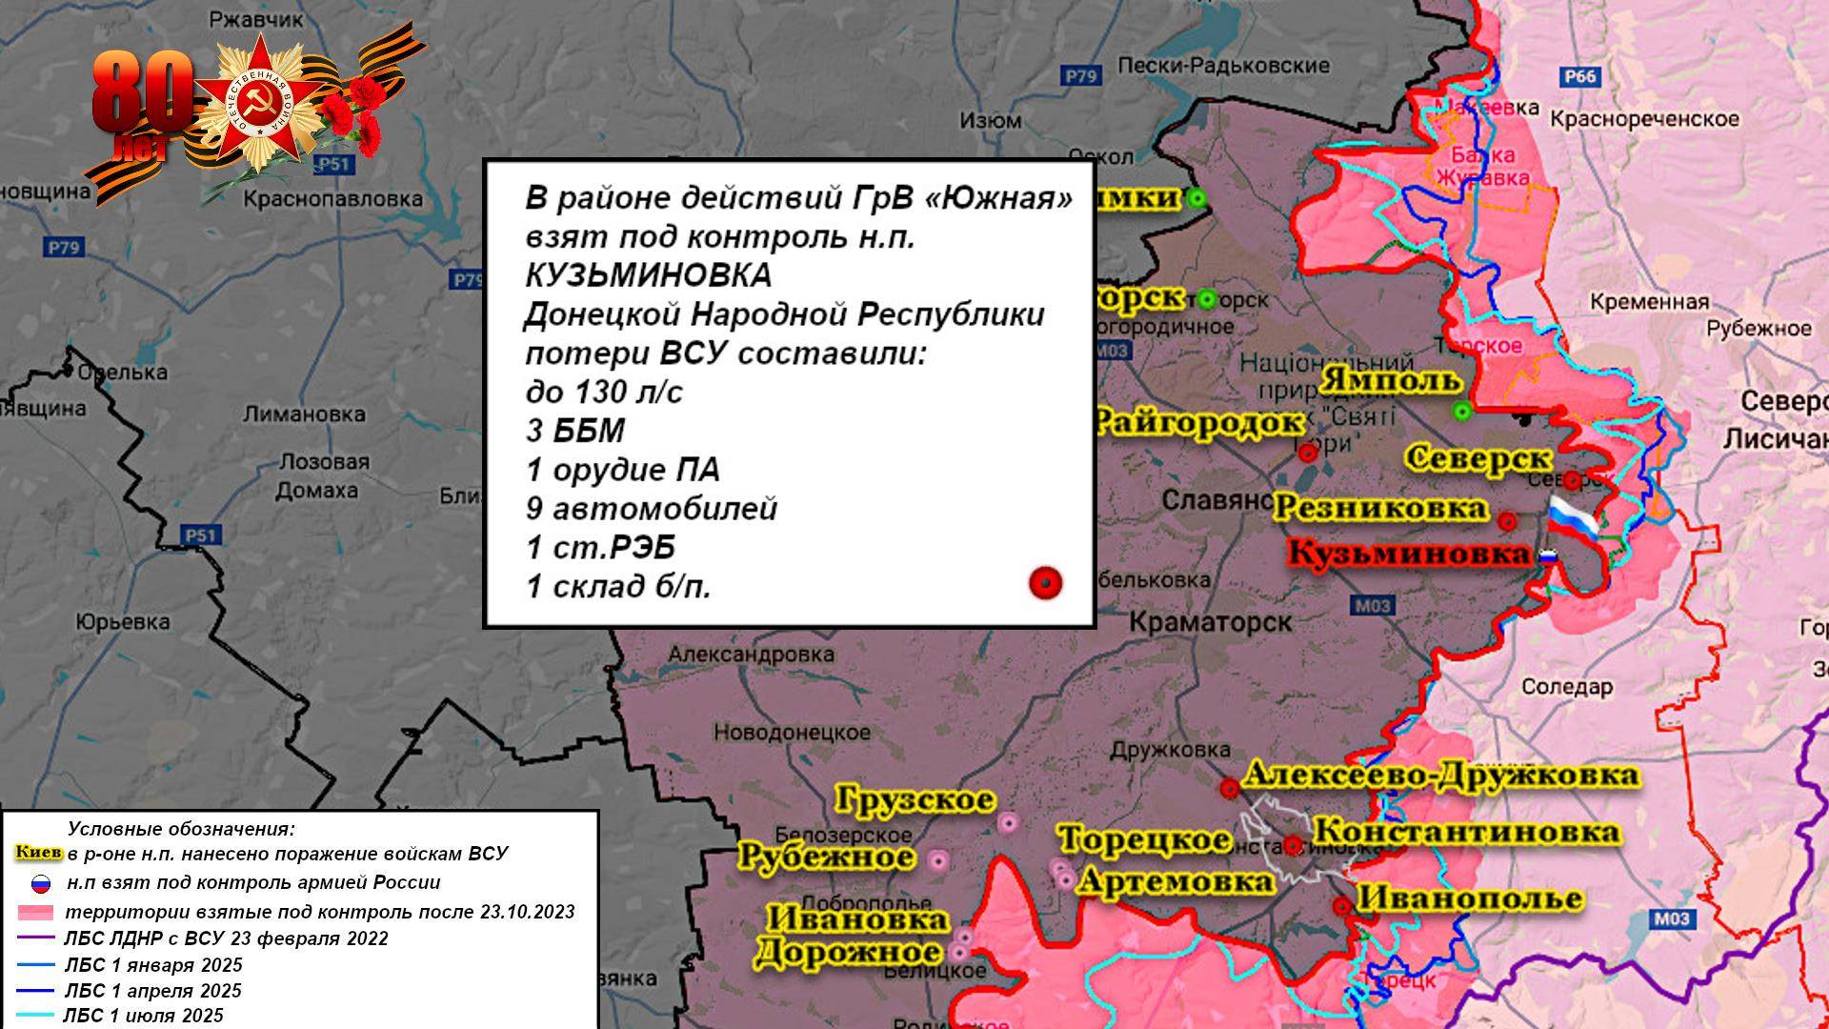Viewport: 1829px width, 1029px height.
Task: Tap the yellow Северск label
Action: point(1478,458)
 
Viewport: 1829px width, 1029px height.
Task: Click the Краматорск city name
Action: point(1210,623)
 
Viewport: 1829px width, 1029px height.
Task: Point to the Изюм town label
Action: point(991,121)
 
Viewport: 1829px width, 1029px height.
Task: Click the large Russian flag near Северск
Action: point(1572,521)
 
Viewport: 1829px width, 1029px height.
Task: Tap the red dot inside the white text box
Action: point(1046,583)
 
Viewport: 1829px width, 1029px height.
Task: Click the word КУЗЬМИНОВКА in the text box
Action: point(648,276)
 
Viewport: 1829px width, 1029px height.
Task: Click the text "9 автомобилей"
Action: point(652,509)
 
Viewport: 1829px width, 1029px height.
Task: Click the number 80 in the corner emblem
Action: point(143,93)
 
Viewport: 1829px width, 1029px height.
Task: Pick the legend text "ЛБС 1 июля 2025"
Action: point(143,1016)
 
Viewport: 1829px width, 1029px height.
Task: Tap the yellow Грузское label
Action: point(915,799)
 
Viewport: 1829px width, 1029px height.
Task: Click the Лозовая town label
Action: point(324,462)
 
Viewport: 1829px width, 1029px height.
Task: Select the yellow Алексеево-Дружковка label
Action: point(1441,775)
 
